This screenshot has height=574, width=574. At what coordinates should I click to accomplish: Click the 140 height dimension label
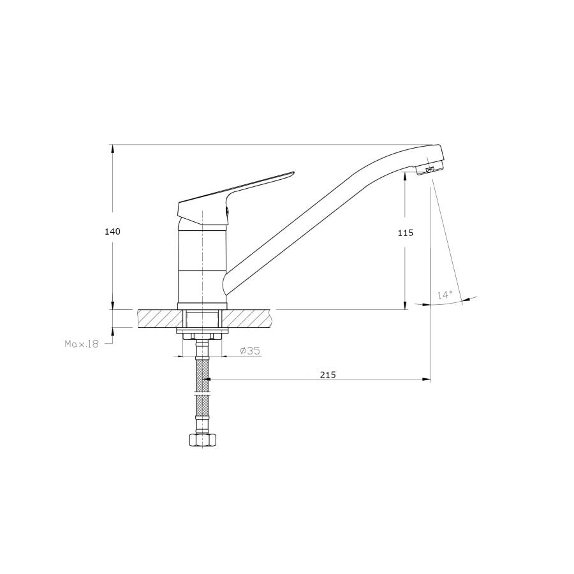click(112, 232)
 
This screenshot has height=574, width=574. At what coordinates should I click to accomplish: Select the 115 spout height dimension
click(406, 233)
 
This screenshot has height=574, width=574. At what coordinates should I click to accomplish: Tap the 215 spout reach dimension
click(328, 375)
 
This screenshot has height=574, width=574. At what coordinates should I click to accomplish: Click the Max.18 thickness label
click(82, 344)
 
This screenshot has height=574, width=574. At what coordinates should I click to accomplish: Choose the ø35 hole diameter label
click(250, 351)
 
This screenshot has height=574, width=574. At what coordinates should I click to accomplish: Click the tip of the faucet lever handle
click(293, 172)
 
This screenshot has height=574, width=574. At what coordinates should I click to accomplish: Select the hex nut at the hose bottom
click(202, 439)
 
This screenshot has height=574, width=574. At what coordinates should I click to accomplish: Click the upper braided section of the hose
click(202, 376)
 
